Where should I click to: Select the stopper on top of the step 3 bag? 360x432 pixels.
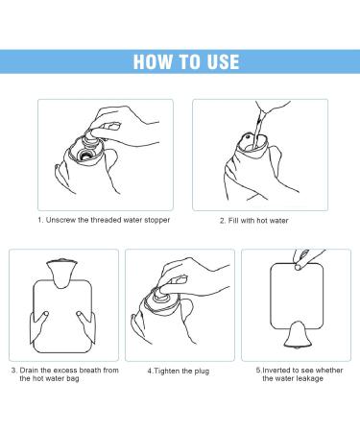pyautogui.click(x=63, y=263)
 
